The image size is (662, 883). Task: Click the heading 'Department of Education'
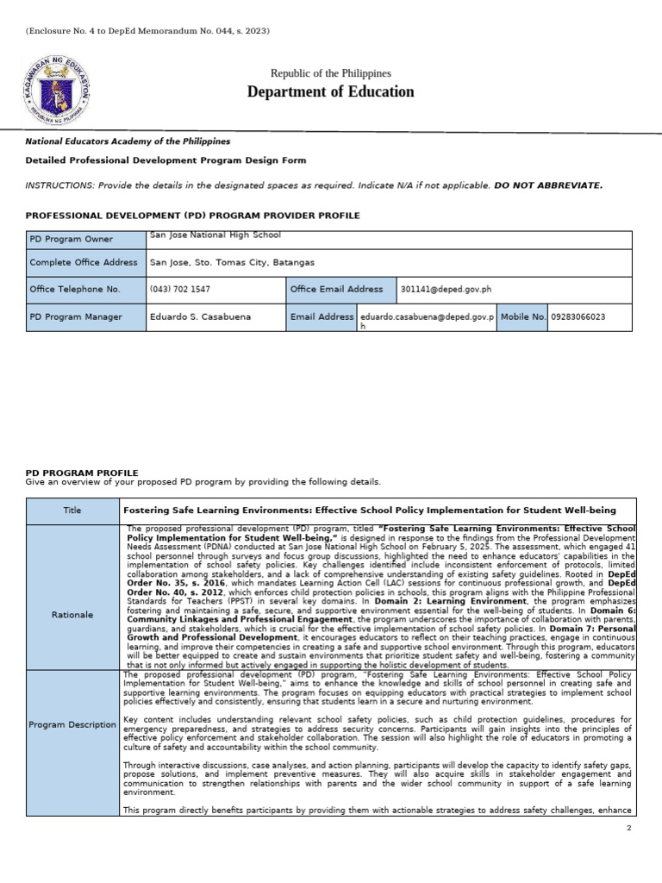tap(331, 91)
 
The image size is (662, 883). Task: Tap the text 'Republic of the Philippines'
tap(331, 74)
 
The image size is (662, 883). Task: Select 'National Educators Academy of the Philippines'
tap(128, 141)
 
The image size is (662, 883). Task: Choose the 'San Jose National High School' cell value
tap(215, 235)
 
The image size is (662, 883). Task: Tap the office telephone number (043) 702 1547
tap(179, 290)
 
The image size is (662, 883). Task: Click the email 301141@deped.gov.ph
tap(446, 290)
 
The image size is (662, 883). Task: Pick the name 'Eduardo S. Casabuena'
tap(200, 316)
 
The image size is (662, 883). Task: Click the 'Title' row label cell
tap(72, 510)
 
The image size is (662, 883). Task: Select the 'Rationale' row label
tap(72, 615)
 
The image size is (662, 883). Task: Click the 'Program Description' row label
tap(72, 724)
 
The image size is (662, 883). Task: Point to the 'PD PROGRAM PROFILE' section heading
tap(82, 473)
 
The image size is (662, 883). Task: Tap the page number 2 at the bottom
tap(629, 827)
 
